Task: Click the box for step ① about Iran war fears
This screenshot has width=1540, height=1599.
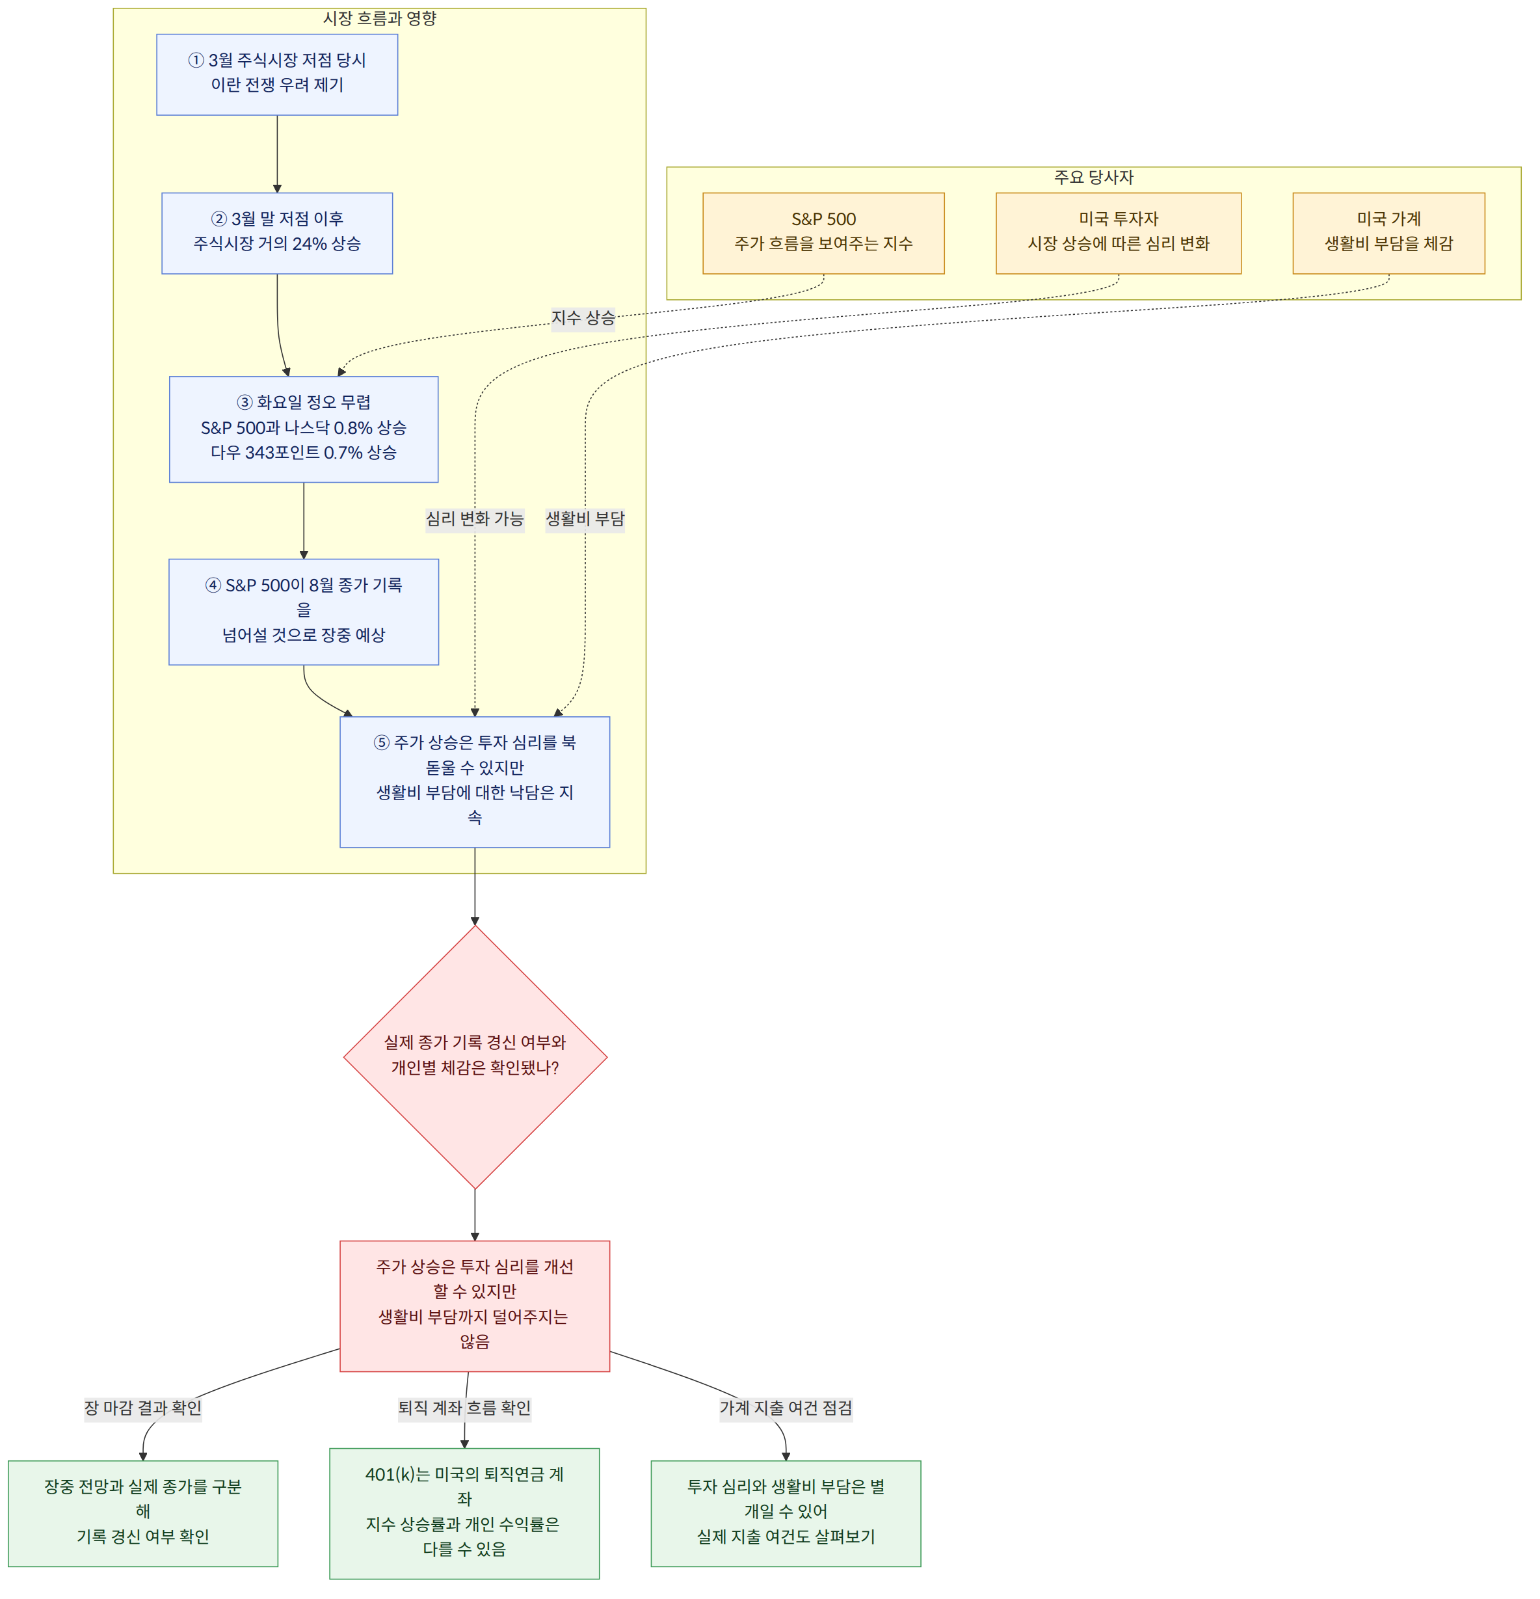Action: [x=277, y=74]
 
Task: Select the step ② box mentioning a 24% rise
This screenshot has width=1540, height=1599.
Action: [x=277, y=234]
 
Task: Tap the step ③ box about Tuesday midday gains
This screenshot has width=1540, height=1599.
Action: [x=304, y=429]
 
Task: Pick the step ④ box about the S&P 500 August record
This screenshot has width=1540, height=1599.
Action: [x=304, y=612]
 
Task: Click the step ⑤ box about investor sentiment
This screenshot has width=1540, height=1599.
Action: [x=475, y=781]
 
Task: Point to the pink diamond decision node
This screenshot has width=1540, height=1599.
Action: [x=475, y=1056]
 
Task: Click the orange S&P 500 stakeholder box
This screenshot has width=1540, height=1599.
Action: [x=824, y=234]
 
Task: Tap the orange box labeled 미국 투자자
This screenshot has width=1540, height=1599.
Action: [x=1119, y=234]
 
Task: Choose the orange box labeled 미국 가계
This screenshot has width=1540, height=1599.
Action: [x=1388, y=234]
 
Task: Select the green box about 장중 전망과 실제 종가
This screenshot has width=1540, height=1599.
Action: [x=142, y=1513]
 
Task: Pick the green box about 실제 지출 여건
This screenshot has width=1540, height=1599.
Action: [x=786, y=1513]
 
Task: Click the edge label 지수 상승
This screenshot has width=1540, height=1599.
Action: [x=583, y=317]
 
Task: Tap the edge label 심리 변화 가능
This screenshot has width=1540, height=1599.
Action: [x=475, y=519]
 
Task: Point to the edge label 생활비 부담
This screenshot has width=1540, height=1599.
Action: [x=585, y=519]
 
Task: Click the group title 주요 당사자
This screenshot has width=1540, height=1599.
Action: [x=1094, y=177]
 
